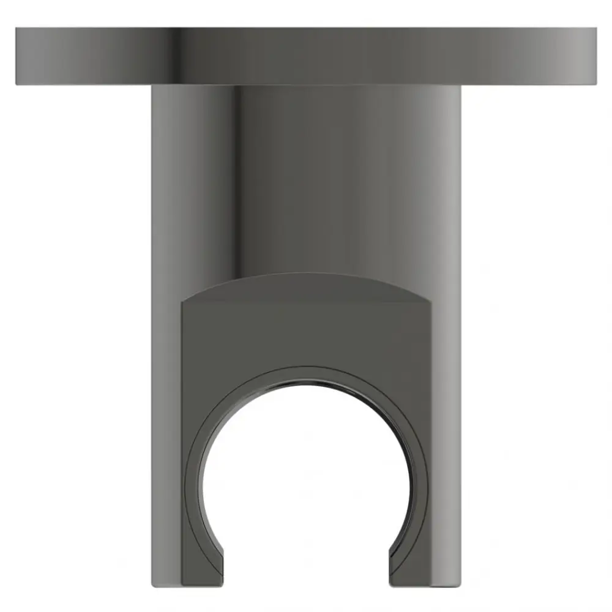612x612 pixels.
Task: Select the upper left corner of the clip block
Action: (183, 301)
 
